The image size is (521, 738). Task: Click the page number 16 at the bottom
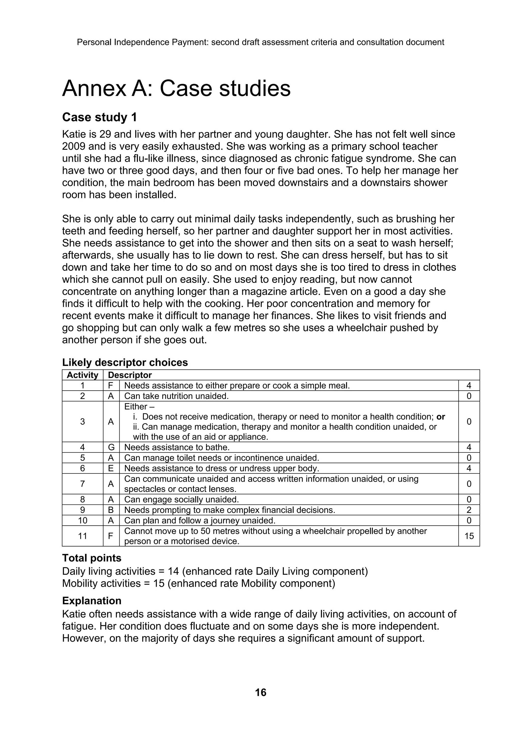point(260,692)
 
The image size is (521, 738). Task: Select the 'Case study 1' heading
point(99,117)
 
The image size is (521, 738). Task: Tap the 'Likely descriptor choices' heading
point(125,362)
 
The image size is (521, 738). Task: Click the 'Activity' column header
point(82,375)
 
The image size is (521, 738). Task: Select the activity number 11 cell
point(82,536)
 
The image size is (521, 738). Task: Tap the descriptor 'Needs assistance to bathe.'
point(177,447)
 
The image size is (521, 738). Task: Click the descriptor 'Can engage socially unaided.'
point(181,499)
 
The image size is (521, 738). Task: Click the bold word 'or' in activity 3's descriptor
point(441,417)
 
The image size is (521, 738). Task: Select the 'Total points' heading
point(92,558)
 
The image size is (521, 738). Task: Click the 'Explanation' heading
point(92,601)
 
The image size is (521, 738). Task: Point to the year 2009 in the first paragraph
point(74,146)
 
